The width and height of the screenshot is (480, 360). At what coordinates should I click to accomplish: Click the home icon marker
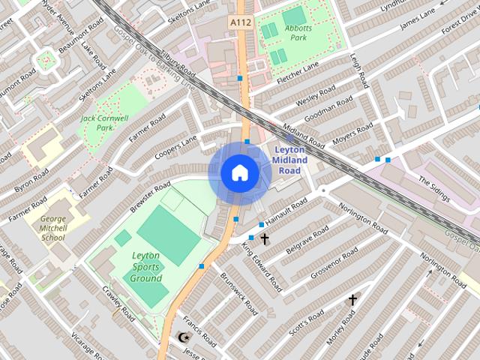240,173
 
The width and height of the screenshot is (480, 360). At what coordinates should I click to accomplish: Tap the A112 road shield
240,23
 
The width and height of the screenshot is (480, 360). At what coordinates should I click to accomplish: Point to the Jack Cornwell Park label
104,122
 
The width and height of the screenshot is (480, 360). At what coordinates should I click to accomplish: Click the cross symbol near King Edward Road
265,239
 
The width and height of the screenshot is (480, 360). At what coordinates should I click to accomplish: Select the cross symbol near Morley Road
352,300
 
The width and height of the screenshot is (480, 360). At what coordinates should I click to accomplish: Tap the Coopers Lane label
175,146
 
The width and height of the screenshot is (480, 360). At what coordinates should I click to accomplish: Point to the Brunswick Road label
239,293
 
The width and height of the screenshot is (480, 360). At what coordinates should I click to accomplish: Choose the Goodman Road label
329,109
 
